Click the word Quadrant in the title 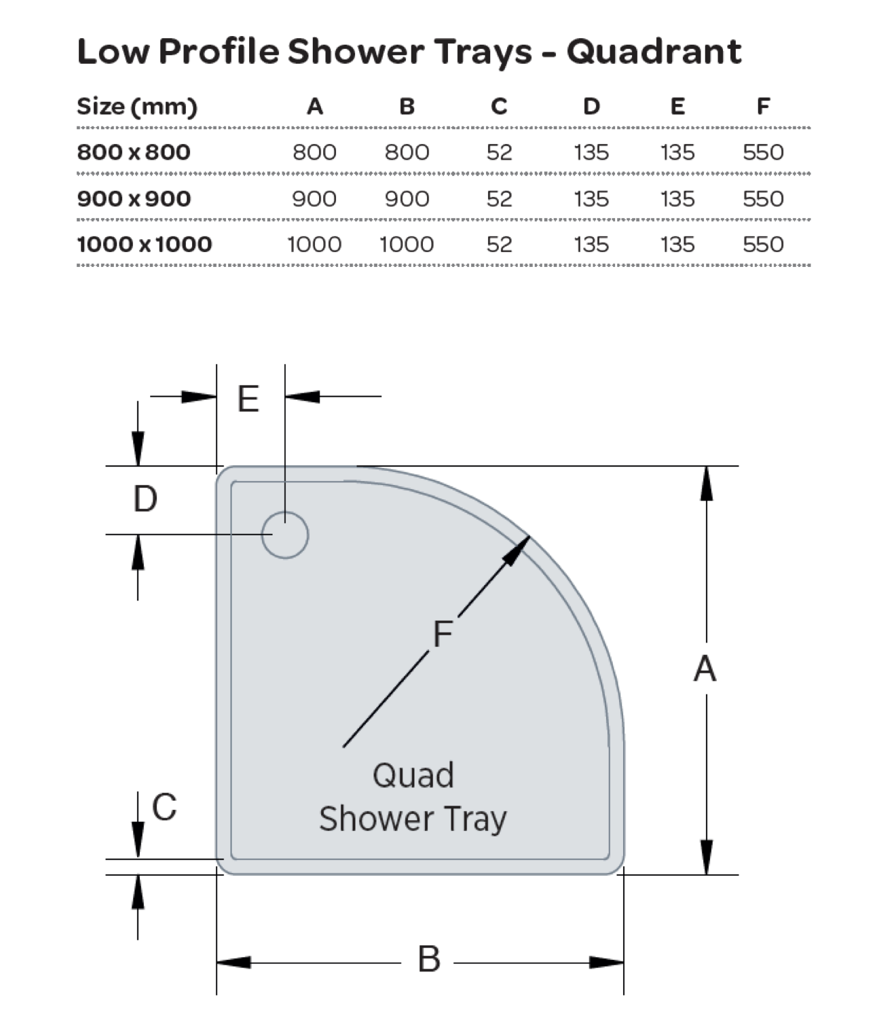(654, 52)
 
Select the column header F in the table (763, 107)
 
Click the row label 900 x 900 (134, 198)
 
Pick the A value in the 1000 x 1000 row (314, 245)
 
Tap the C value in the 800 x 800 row (499, 152)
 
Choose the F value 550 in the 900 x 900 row (763, 198)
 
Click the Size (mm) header (136, 107)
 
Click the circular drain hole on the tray (285, 535)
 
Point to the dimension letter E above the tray (248, 399)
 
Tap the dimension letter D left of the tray (145, 499)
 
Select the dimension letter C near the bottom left (164, 807)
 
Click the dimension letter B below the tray (429, 959)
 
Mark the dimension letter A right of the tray (705, 668)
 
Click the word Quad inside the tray (413, 775)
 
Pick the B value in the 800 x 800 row (407, 152)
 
